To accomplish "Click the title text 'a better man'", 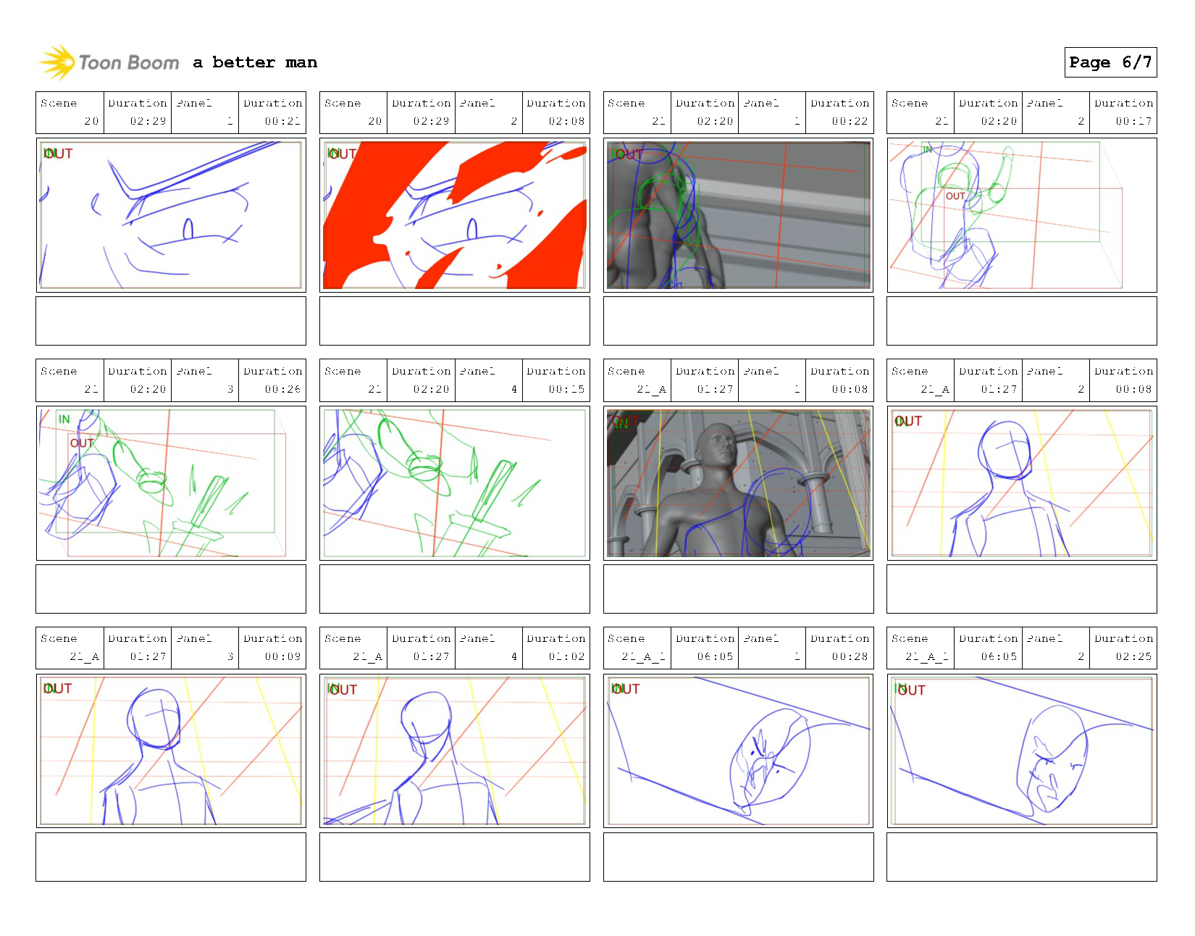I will pyautogui.click(x=255, y=62).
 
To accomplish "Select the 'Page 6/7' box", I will pyautogui.click(x=1110, y=62).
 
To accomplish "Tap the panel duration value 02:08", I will pyautogui.click(x=566, y=121).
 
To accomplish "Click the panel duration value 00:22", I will pyautogui.click(x=849, y=121).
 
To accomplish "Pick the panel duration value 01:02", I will pyautogui.click(x=566, y=656).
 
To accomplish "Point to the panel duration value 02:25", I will pyautogui.click(x=1133, y=656).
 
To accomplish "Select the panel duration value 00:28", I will pyautogui.click(x=849, y=656).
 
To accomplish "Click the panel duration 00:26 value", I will pyautogui.click(x=282, y=389).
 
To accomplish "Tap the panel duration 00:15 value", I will pyautogui.click(x=566, y=389).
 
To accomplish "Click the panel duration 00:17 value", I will pyautogui.click(x=1133, y=121).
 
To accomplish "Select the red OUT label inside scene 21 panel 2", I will pyautogui.click(x=955, y=196).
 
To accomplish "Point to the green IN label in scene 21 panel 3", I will pyautogui.click(x=64, y=419).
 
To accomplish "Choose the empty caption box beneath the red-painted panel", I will pyautogui.click(x=454, y=321).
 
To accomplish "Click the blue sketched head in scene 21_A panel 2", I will pyautogui.click(x=1005, y=449).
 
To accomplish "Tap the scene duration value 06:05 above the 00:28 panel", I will pyautogui.click(x=714, y=656).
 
